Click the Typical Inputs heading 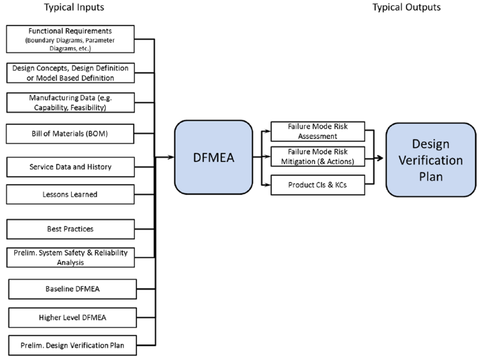pos(74,7)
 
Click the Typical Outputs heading pos(406,7)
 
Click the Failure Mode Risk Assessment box pos(317,130)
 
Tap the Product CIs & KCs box pos(317,185)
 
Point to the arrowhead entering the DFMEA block pos(171,158)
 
